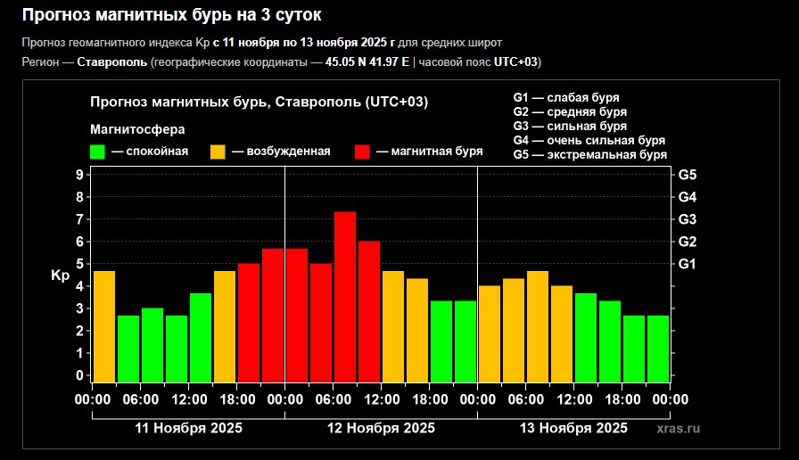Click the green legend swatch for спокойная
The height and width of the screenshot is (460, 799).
click(x=97, y=152)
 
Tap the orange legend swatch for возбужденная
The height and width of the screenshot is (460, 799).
click(x=218, y=152)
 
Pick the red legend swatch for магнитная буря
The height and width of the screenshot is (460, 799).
click(x=362, y=152)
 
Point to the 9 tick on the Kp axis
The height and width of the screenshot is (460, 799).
click(x=80, y=175)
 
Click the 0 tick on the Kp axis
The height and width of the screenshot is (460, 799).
click(x=80, y=375)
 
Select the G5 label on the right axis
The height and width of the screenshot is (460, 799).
click(x=688, y=175)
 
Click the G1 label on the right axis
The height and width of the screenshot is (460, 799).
click(x=688, y=264)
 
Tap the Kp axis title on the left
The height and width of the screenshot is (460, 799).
click(x=60, y=275)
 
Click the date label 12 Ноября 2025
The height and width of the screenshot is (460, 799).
click(x=381, y=428)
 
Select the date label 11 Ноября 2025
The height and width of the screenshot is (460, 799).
click(x=188, y=428)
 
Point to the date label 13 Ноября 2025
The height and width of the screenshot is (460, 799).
click(x=573, y=428)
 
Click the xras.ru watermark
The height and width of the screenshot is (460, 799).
click(x=678, y=428)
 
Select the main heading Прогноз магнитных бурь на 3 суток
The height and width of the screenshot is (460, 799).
click(x=171, y=15)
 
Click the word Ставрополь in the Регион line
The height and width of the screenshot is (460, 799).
click(x=112, y=62)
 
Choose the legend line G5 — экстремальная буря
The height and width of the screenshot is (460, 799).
click(x=589, y=155)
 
